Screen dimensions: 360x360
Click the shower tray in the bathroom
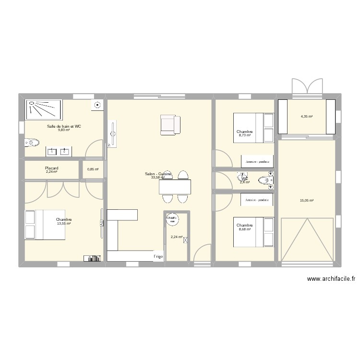pyautogui.click(x=44, y=109)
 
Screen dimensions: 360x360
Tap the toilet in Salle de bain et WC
pyautogui.click(x=32, y=142)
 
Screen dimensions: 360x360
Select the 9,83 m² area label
pyautogui.click(x=64, y=130)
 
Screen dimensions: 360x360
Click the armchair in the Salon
pyautogui.click(x=170, y=124)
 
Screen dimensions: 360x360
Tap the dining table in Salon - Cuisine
pyautogui.click(x=175, y=186)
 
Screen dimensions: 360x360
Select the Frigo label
pyautogui.click(x=158, y=257)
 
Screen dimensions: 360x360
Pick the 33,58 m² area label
pyautogui.click(x=158, y=178)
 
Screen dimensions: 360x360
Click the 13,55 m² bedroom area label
pyautogui.click(x=64, y=223)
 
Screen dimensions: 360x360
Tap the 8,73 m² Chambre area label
pyautogui.click(x=245, y=135)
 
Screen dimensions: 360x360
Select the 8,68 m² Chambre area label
pyautogui.click(x=245, y=228)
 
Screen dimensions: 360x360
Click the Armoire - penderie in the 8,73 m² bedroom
pyautogui.click(x=257, y=161)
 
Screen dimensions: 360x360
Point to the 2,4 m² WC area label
pyautogui.click(x=245, y=182)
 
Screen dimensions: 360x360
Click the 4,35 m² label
pyautogui.click(x=307, y=117)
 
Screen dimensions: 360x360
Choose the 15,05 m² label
pyautogui.click(x=307, y=201)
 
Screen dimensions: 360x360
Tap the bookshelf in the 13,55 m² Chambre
pyautogui.click(x=92, y=258)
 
